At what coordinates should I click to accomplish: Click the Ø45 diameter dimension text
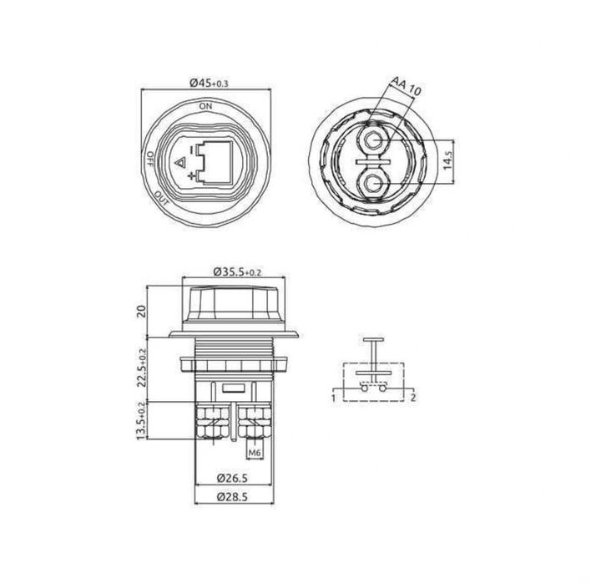(x=210, y=83)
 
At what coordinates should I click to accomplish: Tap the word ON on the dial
(x=206, y=106)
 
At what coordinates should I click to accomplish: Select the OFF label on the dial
(x=149, y=160)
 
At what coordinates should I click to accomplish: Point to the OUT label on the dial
(x=161, y=198)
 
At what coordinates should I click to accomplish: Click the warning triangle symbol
(x=180, y=164)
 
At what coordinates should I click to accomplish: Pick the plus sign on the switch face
(x=192, y=175)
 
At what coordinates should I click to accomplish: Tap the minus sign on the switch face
(x=192, y=150)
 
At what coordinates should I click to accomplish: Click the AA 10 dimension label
(x=406, y=86)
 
